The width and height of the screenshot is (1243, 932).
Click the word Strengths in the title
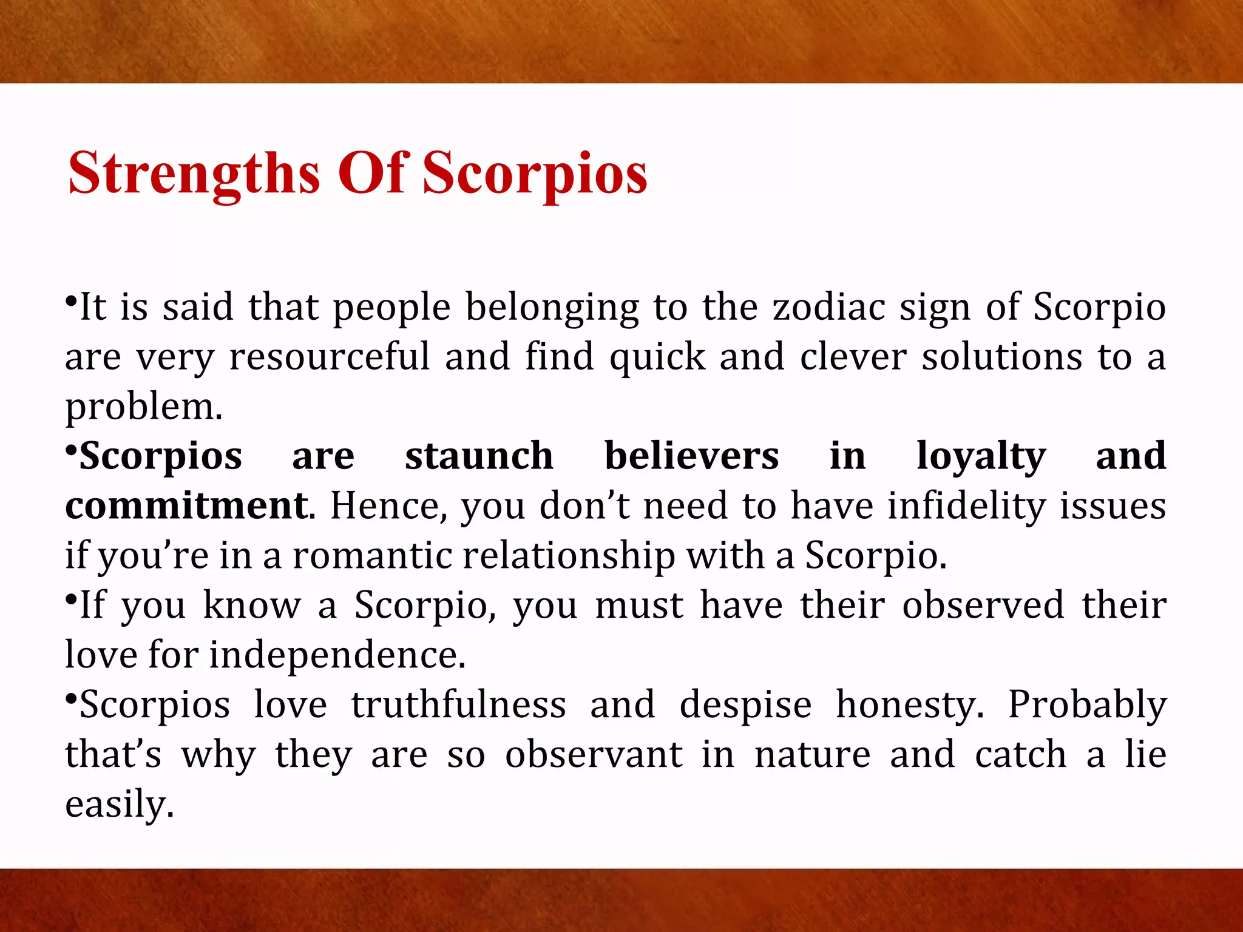point(194,174)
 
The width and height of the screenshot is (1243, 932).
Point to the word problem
point(143,408)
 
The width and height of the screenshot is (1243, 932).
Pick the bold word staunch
point(479,456)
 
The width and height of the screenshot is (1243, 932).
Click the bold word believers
point(691,456)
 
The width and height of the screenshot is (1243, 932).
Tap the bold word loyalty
point(981,458)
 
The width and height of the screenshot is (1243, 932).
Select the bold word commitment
point(186,506)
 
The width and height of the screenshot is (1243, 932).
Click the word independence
point(337,655)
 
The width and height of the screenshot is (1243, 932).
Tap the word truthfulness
point(458,705)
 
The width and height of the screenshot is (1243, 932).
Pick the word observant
point(594,755)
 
